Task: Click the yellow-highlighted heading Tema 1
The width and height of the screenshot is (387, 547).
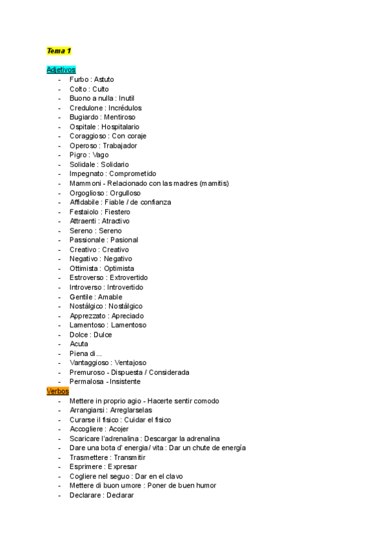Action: pos(59,51)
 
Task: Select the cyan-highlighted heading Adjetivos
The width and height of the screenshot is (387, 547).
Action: pos(61,70)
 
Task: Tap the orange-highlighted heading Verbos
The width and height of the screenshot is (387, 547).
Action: pos(57,391)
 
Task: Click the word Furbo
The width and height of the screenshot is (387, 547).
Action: pos(79,79)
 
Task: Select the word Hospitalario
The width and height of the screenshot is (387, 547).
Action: pos(120,127)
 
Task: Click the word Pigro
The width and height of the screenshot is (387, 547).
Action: pos(78,155)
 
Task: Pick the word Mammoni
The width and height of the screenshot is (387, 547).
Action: pos(84,183)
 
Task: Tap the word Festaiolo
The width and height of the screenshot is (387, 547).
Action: pos(84,212)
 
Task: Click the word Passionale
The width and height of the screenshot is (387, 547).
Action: pos(86,240)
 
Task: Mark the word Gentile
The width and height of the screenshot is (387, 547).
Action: pos(81,297)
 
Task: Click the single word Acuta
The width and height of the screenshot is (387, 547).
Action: pos(79,344)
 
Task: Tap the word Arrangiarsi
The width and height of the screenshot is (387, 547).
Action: pos(88,410)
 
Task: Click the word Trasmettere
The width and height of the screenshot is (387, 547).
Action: pos(89,457)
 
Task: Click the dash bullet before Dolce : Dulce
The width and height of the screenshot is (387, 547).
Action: pos(59,335)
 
